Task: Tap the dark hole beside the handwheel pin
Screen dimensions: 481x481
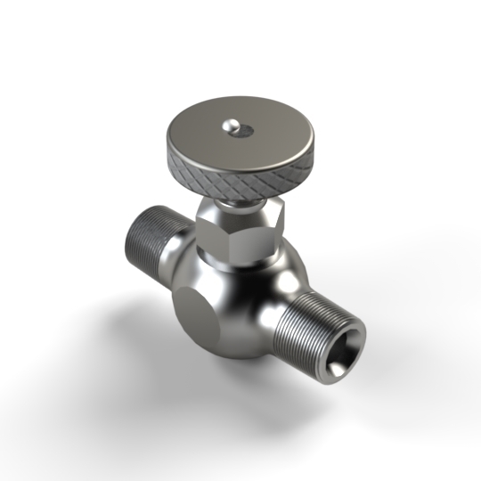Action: pos(244,133)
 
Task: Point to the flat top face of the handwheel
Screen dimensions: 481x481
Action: pos(214,134)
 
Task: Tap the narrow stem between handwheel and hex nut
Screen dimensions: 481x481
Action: pos(239,203)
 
